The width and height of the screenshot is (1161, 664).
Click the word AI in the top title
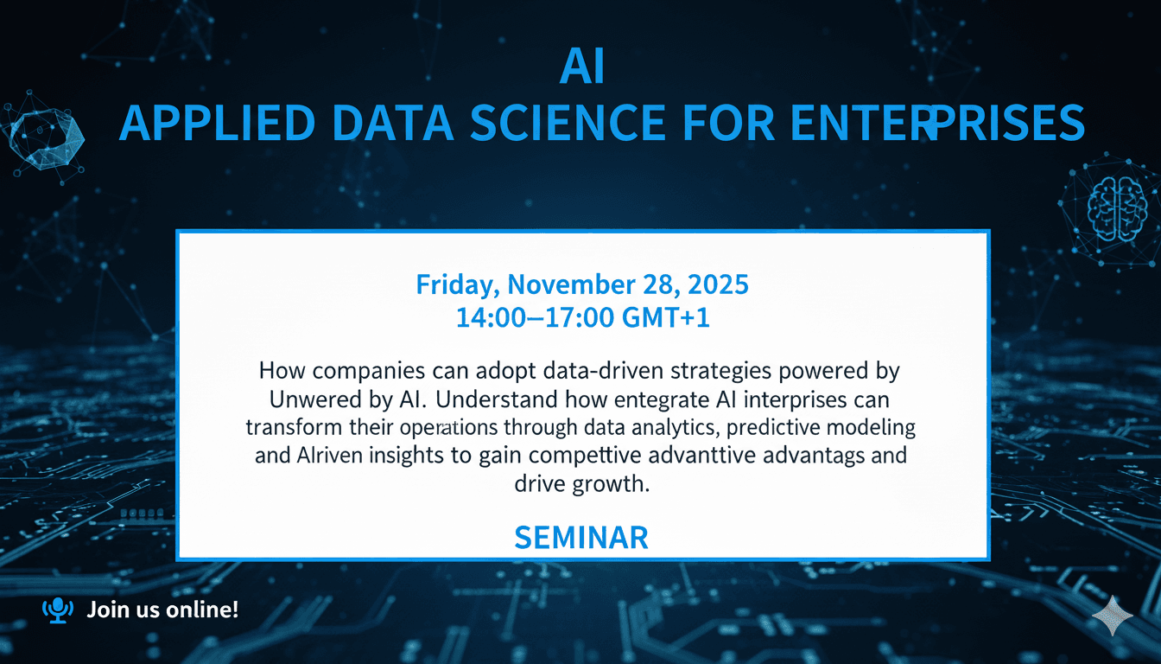(x=580, y=68)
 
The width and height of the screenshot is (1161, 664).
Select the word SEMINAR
(x=580, y=538)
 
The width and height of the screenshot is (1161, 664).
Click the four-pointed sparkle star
(x=1113, y=615)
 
